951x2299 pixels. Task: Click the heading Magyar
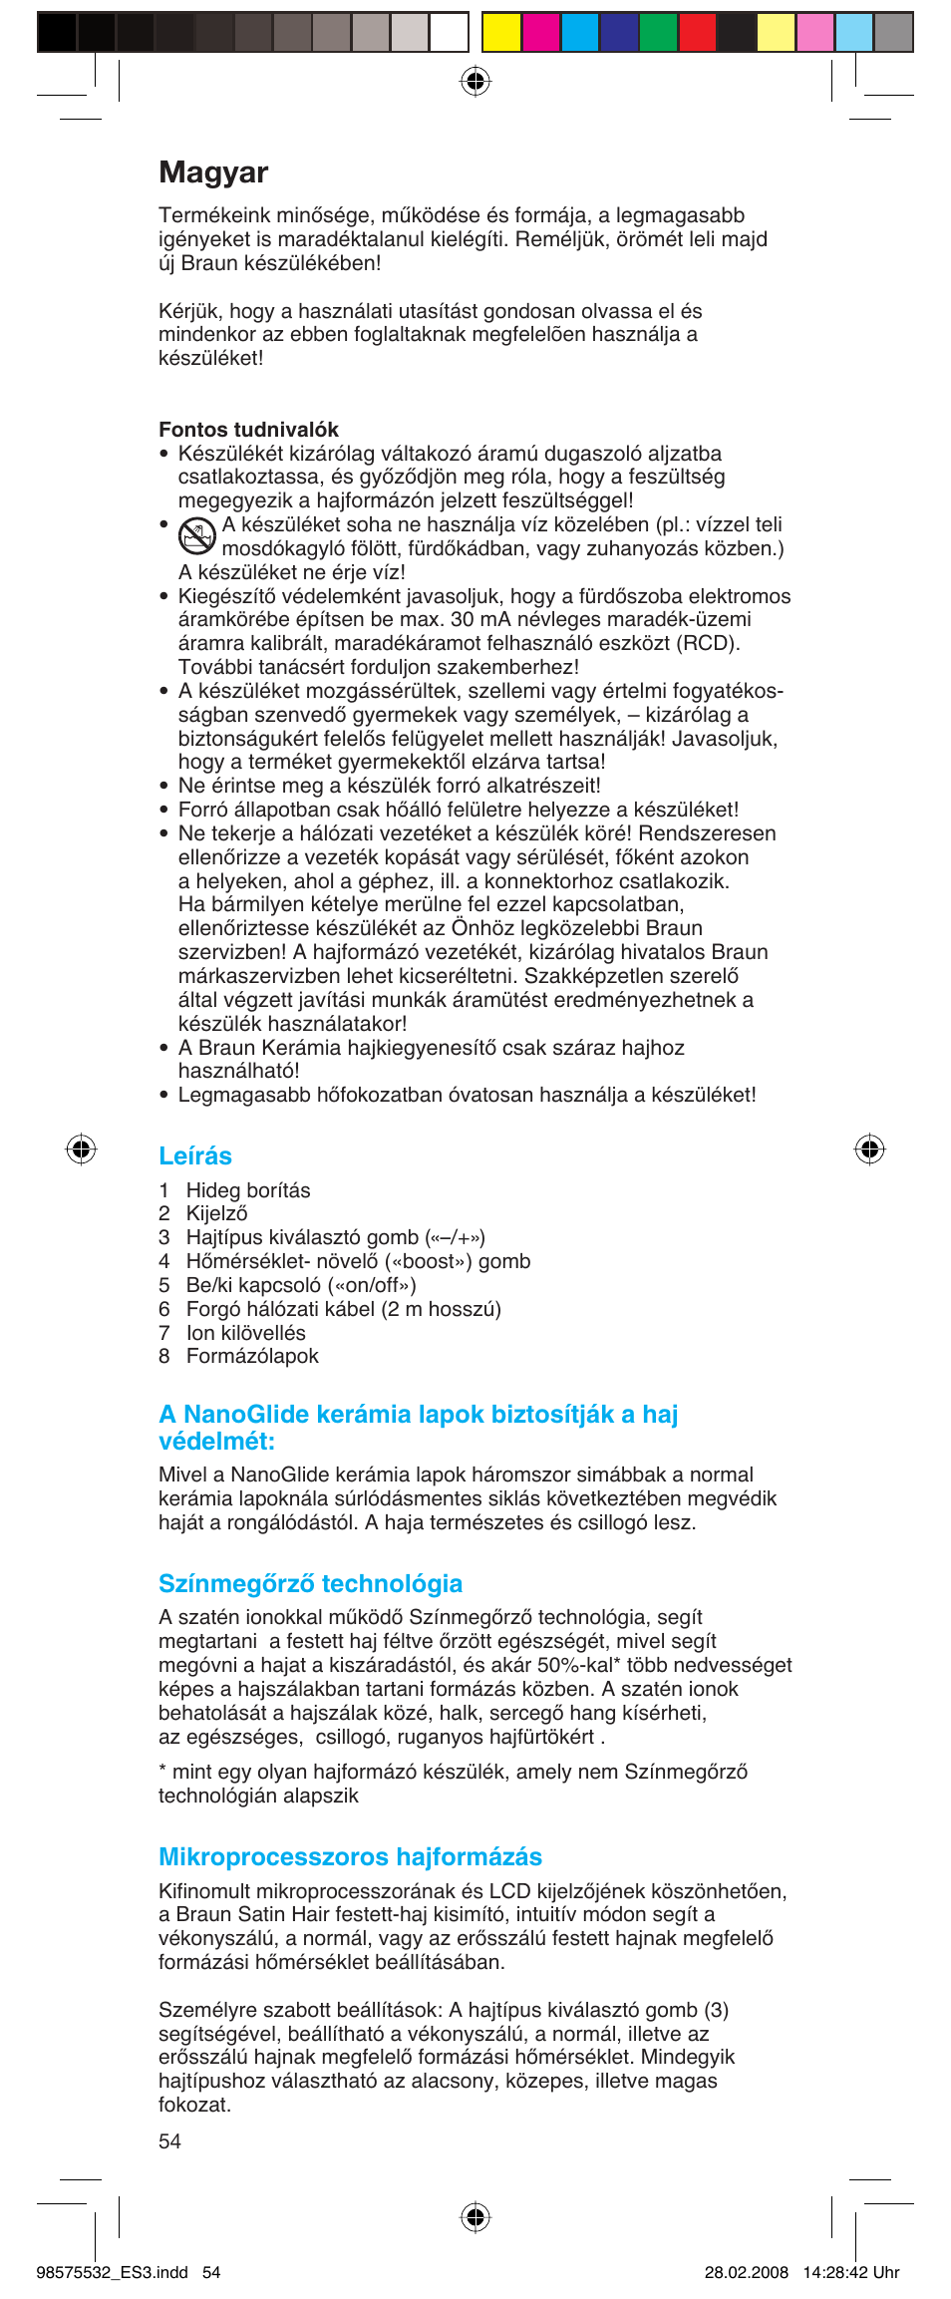coord(213,172)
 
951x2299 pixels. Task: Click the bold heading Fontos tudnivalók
coord(248,430)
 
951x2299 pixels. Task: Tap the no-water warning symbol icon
coord(197,536)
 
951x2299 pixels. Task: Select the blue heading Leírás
coord(195,1155)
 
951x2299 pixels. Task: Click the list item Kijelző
coord(216,1213)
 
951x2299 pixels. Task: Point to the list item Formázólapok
coord(252,1356)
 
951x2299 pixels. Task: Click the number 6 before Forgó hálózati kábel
coord(164,1309)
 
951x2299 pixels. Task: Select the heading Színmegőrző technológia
coord(310,1583)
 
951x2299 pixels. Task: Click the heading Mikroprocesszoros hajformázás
coord(350,1856)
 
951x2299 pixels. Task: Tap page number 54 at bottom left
coord(170,2141)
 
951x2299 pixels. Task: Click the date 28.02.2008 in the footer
coord(746,2272)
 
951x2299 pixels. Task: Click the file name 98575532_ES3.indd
coord(112,2272)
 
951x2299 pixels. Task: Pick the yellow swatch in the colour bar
coord(501,32)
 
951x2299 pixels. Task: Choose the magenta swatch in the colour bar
coord(540,32)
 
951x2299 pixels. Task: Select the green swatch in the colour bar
coord(657,32)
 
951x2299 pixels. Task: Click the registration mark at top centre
coord(475,81)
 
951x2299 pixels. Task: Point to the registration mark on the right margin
coord(869,1149)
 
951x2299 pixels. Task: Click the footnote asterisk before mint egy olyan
coord(162,1771)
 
